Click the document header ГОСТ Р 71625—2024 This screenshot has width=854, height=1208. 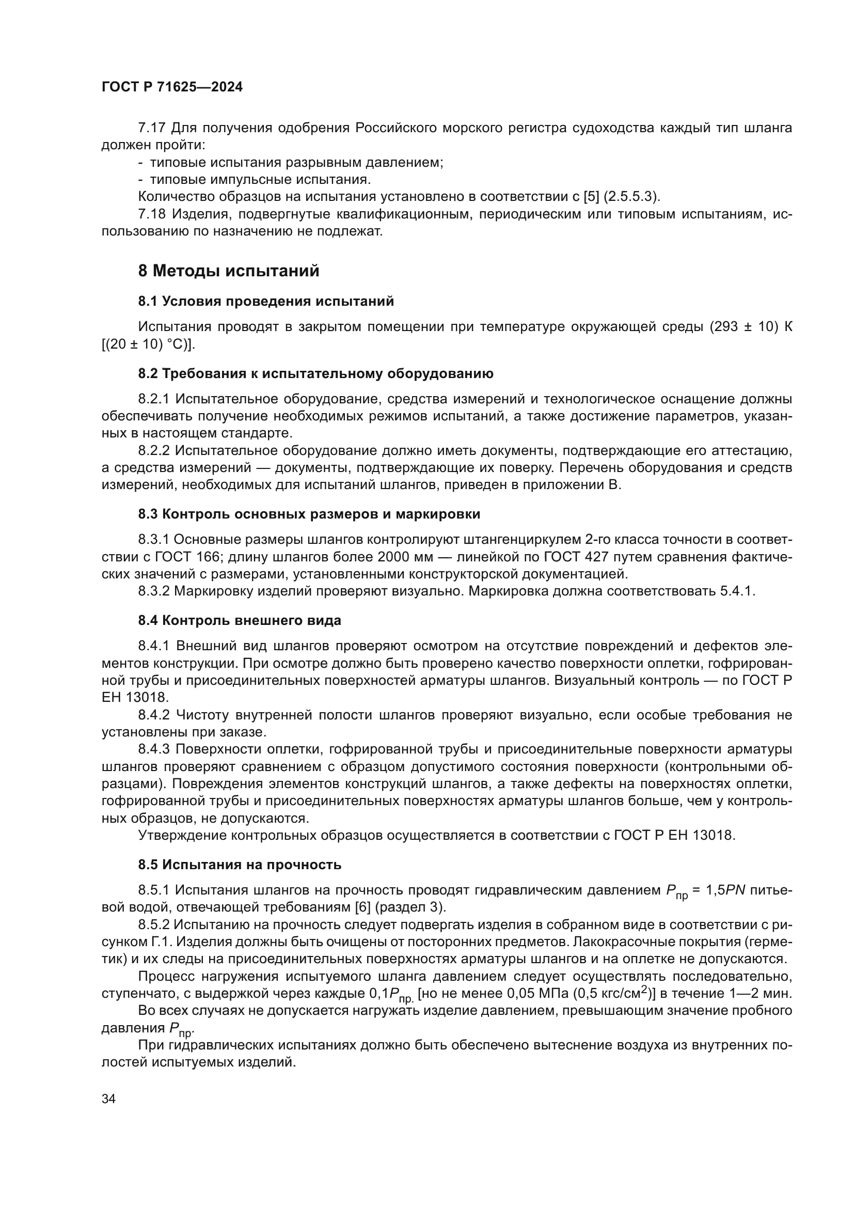[172, 87]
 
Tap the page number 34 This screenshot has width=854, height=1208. [108, 1099]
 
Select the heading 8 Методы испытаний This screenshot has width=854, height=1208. [228, 271]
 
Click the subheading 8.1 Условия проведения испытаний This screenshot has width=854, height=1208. [265, 302]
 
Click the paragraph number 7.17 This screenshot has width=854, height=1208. [152, 128]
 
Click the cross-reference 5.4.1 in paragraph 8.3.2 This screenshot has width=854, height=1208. [737, 591]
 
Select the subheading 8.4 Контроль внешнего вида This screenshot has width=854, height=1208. [239, 620]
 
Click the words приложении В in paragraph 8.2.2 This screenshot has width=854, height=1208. [573, 484]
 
